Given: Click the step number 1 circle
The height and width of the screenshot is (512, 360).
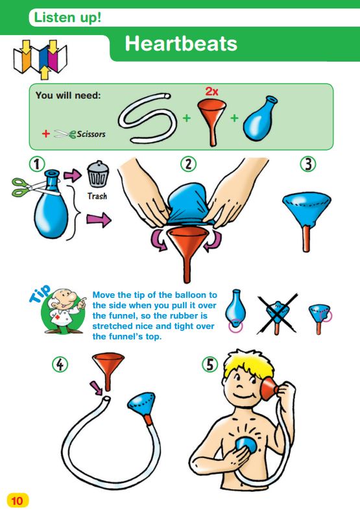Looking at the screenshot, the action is tap(37, 164).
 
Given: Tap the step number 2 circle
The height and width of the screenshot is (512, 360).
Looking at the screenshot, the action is tap(188, 164).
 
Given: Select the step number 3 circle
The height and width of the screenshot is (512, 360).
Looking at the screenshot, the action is tap(307, 164).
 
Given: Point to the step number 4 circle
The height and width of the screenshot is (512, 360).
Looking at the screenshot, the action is tap(60, 364).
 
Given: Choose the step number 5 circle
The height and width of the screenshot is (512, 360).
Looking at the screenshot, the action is tap(210, 364).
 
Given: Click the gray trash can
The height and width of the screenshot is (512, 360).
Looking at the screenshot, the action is tap(97, 174).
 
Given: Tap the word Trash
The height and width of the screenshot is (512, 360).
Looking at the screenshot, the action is tap(97, 196).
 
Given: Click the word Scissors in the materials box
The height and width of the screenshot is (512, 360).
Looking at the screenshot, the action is tap(91, 134).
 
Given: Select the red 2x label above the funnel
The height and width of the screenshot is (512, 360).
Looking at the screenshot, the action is tap(211, 91).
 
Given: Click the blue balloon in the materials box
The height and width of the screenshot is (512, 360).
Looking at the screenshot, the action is tap(259, 119).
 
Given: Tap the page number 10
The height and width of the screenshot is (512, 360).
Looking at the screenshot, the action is tap(18, 500).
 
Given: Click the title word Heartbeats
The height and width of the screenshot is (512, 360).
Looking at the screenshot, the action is tap(181, 43).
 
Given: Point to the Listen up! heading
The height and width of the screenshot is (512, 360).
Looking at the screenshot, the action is tap(67, 18).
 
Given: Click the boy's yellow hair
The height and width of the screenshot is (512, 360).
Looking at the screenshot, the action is tap(250, 363).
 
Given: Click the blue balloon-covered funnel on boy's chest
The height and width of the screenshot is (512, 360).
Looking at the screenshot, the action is tap(246, 446).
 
